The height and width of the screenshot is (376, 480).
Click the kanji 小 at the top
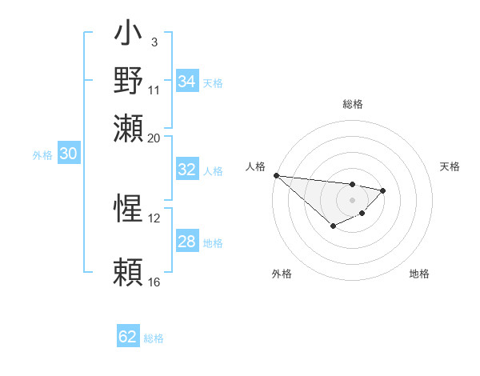pyautogui.click(x=129, y=35)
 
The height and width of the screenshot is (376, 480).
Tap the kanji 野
pyautogui.click(x=129, y=82)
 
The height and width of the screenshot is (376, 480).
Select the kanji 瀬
pyautogui.click(x=129, y=129)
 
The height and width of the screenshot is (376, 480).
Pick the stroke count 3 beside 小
pyautogui.click(x=154, y=42)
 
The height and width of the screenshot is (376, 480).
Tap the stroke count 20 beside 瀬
pyautogui.click(x=154, y=137)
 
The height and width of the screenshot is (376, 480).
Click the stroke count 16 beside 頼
pyautogui.click(x=154, y=282)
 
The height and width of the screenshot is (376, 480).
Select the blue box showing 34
pyautogui.click(x=186, y=82)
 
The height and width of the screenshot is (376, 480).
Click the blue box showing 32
pyautogui.click(x=186, y=170)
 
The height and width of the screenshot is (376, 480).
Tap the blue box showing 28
pyautogui.click(x=186, y=242)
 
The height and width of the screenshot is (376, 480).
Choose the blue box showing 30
pyautogui.click(x=68, y=154)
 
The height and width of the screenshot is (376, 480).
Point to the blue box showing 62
pyautogui.click(x=128, y=337)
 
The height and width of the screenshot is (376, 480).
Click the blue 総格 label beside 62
pyautogui.click(x=154, y=338)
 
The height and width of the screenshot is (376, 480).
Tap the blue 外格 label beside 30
pyautogui.click(x=42, y=155)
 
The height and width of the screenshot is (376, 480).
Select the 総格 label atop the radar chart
pyautogui.click(x=352, y=104)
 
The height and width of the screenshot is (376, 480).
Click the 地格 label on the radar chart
pyautogui.click(x=419, y=274)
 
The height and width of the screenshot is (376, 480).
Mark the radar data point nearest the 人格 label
pyautogui.click(x=276, y=175)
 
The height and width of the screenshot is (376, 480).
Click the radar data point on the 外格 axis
pyautogui.click(x=333, y=226)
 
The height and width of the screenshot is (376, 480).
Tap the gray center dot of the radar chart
pyautogui.click(x=352, y=199)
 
